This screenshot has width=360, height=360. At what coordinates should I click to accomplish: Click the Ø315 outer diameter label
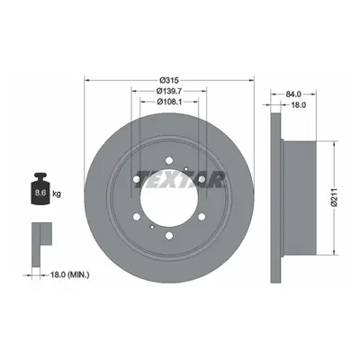point(169,80)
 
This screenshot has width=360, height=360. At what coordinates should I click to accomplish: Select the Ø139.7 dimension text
point(169,91)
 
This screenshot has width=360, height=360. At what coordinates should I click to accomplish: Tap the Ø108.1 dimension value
point(169,102)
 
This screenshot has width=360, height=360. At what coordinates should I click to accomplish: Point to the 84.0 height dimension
point(293,94)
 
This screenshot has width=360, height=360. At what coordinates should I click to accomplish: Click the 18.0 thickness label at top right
point(298,105)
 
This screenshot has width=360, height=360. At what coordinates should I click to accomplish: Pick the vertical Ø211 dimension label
point(335,197)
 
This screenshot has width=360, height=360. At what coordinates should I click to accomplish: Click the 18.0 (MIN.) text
point(69,274)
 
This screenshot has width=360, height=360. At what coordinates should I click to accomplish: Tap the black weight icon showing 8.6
point(40,189)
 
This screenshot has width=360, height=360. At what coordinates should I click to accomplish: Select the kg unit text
point(57,193)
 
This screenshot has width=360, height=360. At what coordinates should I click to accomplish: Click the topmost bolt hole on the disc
point(169,160)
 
